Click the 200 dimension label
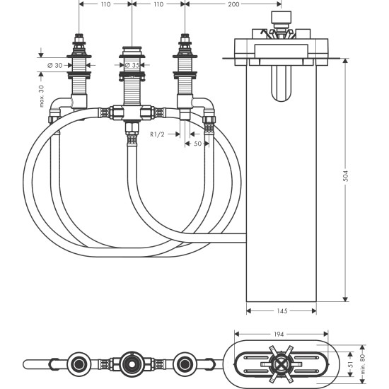pyautogui.click(x=234, y=4)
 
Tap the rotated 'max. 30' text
pyautogui.click(x=42, y=97)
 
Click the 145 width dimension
pyautogui.click(x=281, y=310)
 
